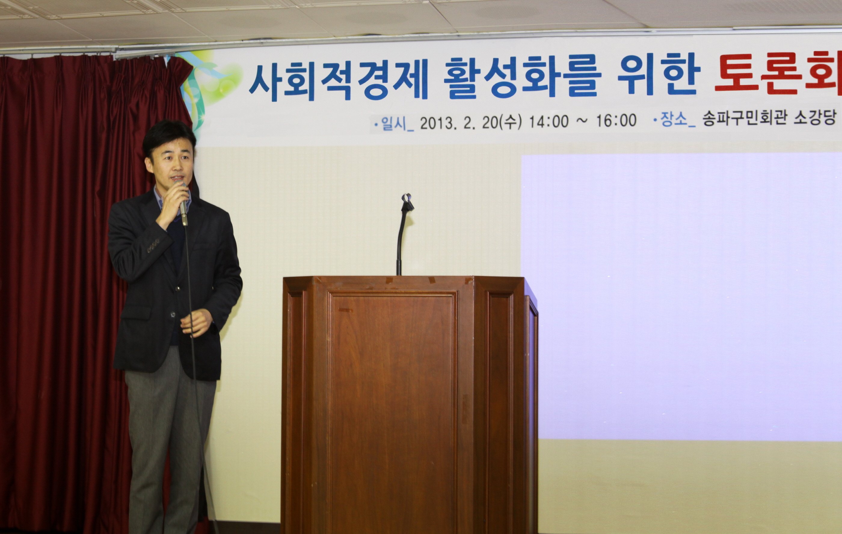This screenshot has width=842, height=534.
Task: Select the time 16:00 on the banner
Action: coord(616,120)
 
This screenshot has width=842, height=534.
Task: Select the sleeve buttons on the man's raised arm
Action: coord(153,246)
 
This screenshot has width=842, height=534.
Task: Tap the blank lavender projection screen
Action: coord(682,296)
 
